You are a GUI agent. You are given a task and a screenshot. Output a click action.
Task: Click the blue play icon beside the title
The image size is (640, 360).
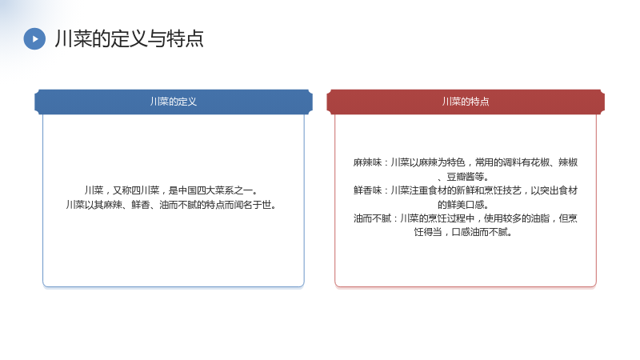(34, 38)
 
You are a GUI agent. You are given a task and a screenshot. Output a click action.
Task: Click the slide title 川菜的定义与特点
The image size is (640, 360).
(129, 38)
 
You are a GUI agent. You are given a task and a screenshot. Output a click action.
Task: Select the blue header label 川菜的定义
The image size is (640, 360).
(174, 102)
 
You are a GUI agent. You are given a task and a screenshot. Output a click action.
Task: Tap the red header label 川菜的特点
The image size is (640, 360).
(466, 102)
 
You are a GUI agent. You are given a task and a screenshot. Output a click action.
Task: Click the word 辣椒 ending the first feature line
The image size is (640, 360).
(568, 162)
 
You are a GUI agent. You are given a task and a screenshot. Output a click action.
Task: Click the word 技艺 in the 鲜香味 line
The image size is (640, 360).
(512, 190)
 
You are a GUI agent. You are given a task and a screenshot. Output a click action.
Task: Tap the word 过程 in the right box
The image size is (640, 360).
(456, 218)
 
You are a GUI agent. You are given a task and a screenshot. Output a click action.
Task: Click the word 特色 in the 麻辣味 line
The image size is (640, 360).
(456, 162)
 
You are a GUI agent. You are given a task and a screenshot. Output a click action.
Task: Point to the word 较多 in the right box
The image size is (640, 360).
(512, 218)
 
